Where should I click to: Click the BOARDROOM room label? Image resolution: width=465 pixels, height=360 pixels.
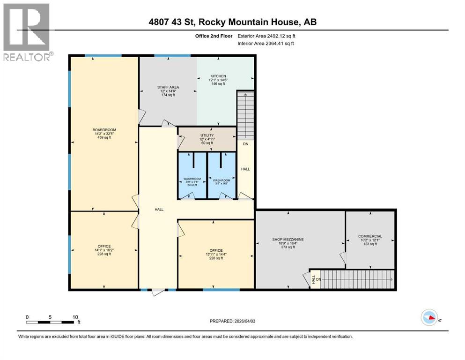(x=104, y=130)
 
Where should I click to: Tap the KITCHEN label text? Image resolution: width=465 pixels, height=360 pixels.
(x=218, y=76)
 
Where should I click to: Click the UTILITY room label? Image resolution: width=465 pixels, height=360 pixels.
(x=206, y=135)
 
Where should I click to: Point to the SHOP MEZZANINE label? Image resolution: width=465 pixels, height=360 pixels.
(x=288, y=240)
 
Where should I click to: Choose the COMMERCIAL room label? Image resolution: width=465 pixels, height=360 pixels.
(x=370, y=236)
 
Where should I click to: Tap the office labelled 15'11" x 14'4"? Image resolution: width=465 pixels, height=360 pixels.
(x=216, y=254)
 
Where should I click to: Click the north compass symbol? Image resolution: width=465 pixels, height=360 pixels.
(x=429, y=318)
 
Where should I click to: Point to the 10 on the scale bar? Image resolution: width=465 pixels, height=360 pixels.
(x=75, y=317)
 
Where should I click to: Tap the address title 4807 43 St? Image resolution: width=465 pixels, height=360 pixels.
(x=233, y=22)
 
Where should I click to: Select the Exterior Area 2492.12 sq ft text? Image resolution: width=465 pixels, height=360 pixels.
(x=266, y=36)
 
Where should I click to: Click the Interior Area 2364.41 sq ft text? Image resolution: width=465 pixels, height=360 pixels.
(x=266, y=44)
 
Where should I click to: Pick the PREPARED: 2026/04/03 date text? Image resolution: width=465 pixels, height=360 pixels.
(x=232, y=321)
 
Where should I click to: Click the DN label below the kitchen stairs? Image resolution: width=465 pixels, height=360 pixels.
(x=245, y=144)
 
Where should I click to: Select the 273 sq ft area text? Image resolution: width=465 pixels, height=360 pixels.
(x=288, y=247)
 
